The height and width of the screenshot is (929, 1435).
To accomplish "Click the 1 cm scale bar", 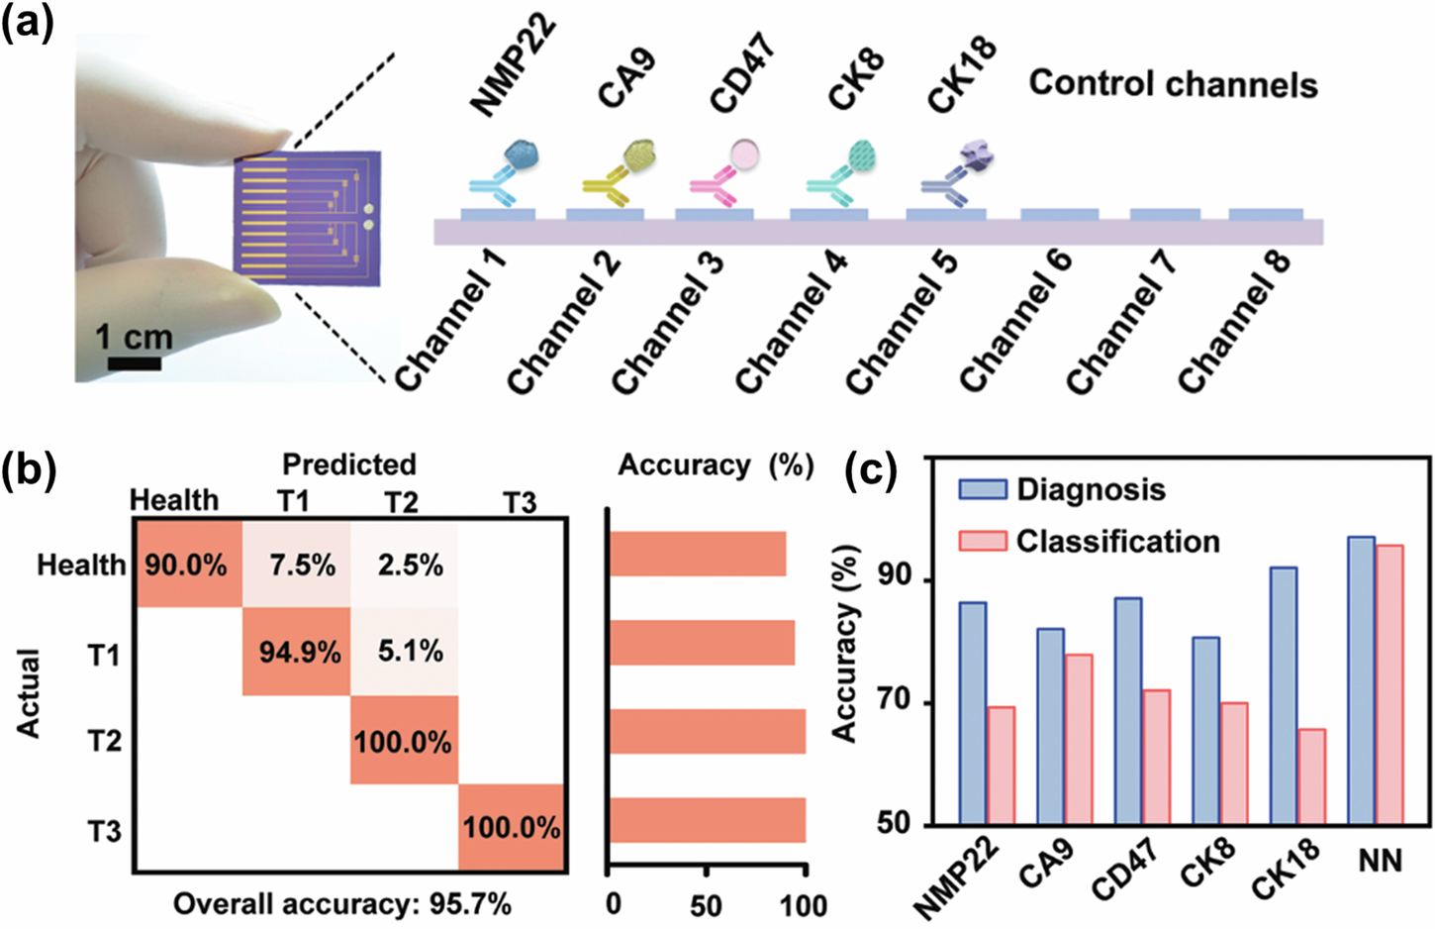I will coord(134,363).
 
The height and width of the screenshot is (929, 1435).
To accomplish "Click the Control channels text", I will coord(1173,84).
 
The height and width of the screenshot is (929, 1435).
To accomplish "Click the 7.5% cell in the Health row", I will coord(297,565).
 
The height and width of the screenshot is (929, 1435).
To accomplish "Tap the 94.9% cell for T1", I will coord(297,652).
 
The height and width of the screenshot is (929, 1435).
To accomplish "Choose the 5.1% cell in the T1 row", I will coord(405,652).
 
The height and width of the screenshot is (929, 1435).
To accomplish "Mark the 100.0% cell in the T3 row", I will coord(512,827).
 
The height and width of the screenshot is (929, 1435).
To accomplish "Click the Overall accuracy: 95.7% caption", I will coord(342,903).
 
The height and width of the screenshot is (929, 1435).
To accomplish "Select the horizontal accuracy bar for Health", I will coord(698,554).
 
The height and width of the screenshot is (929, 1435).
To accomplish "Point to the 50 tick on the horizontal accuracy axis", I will coord(706,904).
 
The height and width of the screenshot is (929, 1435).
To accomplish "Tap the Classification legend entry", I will coord(1089,541).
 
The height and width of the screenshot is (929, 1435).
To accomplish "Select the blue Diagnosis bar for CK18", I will coord(1283,695).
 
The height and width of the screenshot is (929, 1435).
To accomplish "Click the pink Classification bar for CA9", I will coord(1078,738).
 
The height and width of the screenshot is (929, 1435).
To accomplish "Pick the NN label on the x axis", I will coord(1380,860).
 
